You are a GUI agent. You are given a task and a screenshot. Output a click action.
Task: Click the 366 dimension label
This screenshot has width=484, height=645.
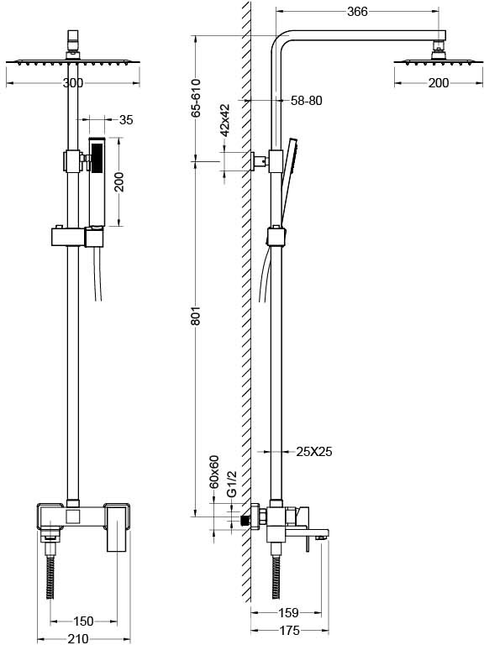357,12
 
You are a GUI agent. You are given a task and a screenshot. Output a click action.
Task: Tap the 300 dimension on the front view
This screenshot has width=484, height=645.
73,83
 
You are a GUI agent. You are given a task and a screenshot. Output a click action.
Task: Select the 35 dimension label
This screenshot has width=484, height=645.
126,120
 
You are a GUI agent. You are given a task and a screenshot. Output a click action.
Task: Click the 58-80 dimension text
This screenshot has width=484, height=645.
307,101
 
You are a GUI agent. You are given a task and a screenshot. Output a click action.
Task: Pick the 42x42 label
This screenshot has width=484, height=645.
224,120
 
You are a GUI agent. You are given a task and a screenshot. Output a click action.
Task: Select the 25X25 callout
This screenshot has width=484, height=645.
314,452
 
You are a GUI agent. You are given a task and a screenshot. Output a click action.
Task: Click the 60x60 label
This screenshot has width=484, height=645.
214,471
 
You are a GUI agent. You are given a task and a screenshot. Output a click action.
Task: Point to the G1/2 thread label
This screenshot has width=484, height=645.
232,484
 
